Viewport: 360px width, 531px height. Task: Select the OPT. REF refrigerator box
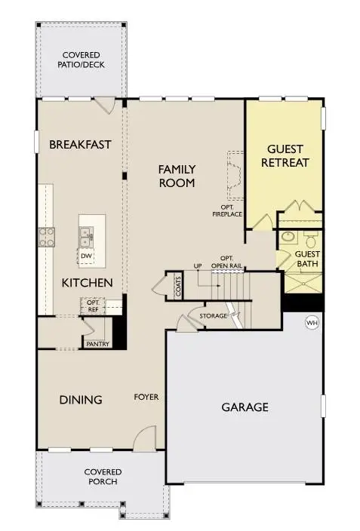pos(92,305)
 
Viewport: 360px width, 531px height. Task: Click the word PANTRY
pos(98,345)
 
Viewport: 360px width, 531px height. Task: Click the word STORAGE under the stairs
pos(214,315)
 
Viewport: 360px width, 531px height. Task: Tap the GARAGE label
pos(245,407)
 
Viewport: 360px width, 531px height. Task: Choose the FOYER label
pos(146,396)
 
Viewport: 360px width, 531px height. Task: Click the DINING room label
pos(81,400)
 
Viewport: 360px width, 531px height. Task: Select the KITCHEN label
pos(88,283)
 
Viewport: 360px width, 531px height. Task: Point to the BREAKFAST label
pos(80,144)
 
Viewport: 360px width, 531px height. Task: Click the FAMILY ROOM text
pos(177,176)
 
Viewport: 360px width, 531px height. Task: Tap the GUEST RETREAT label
pos(285,155)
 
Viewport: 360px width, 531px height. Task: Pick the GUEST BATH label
pos(307,259)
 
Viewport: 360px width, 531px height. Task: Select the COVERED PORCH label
pos(103,477)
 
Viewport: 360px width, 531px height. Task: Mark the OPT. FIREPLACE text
pos(226,210)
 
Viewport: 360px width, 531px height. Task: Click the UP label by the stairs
pos(198,266)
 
